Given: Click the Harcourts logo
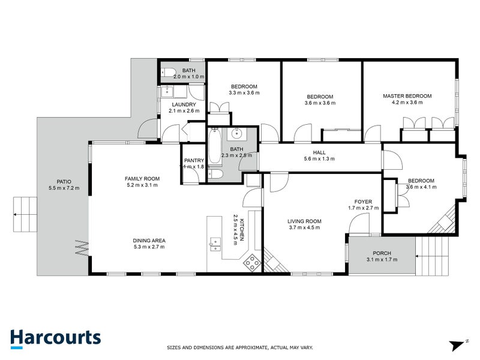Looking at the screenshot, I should point(55,337).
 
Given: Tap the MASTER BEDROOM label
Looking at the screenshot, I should point(407,96).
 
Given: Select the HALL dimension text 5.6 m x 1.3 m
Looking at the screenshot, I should point(319,159).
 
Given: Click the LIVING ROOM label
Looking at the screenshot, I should point(305,221).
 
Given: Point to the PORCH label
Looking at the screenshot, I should point(382,253).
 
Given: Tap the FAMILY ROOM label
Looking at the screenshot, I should point(142,178).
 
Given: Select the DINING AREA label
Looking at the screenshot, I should point(149,241).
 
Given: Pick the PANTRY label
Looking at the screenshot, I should point(194,160).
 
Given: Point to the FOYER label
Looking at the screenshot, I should point(364,202).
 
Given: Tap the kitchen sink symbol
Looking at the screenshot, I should point(214,243).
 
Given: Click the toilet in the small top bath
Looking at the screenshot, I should point(167,71).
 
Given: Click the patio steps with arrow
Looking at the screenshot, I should point(24,214).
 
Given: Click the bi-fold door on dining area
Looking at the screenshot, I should point(82,247).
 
